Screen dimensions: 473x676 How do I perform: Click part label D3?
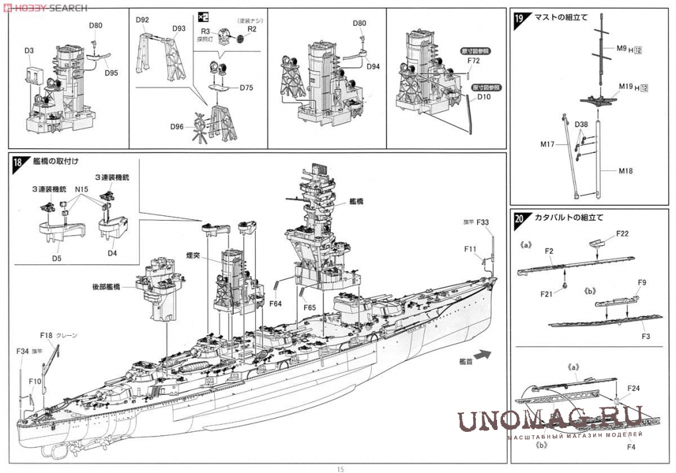[29, 50]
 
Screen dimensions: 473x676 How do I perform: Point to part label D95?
[111, 73]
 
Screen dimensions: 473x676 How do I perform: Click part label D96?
[177, 127]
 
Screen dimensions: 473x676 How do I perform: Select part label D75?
[247, 87]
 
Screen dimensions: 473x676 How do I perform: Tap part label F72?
[473, 60]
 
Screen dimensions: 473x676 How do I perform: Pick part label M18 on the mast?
[626, 171]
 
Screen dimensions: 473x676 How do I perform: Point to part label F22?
[622, 234]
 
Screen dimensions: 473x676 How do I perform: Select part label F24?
[633, 388]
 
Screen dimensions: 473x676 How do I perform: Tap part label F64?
[276, 304]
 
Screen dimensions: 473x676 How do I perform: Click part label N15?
[82, 189]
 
